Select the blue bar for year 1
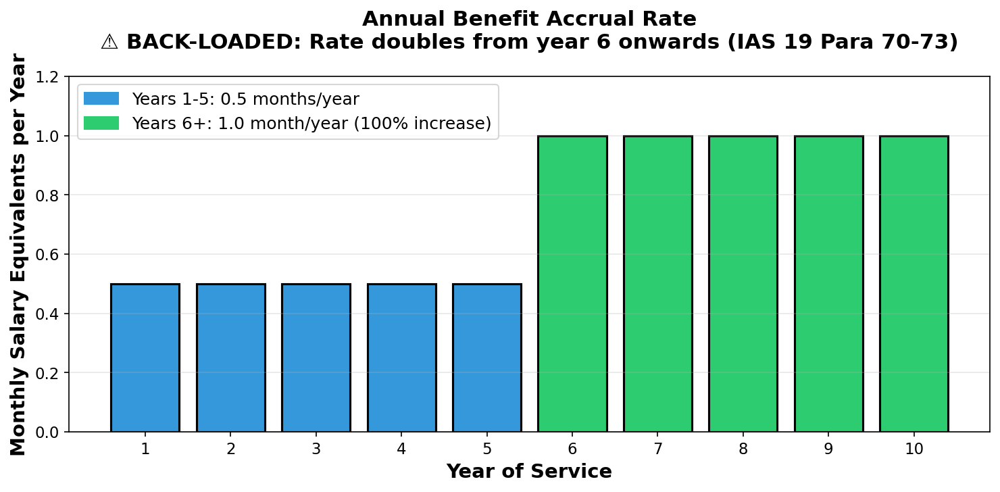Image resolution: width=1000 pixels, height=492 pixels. point(145,358)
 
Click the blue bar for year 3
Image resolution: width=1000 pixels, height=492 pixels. point(316,358)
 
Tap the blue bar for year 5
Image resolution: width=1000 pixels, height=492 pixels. point(487,358)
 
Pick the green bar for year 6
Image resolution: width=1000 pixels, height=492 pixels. point(572,284)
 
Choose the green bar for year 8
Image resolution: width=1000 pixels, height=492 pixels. point(743,284)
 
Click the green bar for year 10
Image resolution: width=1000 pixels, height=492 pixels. point(914,284)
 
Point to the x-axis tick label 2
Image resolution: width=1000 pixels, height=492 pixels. point(231,449)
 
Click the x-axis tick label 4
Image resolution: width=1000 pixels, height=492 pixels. point(401,449)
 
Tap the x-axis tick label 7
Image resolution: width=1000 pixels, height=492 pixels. point(658,449)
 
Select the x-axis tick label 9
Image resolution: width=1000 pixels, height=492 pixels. point(828,449)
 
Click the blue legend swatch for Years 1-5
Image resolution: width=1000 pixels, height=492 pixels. point(101,99)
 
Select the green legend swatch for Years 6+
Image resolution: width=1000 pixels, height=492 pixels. point(101,124)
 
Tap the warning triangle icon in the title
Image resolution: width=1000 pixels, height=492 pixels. point(110,43)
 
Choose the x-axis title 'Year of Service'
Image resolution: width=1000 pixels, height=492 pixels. point(529,472)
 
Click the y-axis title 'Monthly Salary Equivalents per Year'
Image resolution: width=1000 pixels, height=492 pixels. point(18,254)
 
